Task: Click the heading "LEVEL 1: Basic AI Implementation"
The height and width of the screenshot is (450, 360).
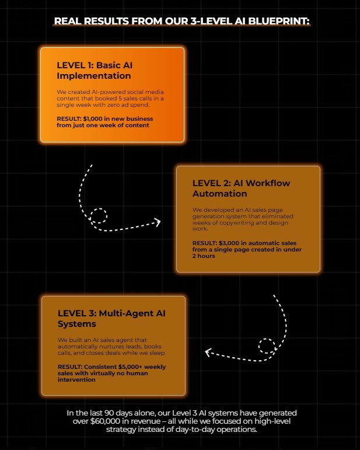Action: coord(95,70)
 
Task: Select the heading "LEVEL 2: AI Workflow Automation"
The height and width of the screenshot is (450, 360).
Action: coord(241,189)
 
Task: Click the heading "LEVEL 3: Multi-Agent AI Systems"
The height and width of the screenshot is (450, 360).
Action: coord(111,319)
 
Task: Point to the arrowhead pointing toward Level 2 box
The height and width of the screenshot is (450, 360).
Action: coord(158,222)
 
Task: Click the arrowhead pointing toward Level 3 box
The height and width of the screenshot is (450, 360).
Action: coord(208,352)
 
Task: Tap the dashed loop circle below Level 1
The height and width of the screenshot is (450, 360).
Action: coord(99,215)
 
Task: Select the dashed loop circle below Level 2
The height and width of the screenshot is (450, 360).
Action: coord(267,346)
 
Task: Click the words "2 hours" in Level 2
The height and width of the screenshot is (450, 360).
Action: coord(204,256)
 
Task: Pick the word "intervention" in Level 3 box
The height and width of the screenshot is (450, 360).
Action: coord(76,380)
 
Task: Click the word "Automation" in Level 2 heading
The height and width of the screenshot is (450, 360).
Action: coord(220,194)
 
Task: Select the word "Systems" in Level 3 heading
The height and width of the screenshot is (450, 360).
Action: coord(77,324)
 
